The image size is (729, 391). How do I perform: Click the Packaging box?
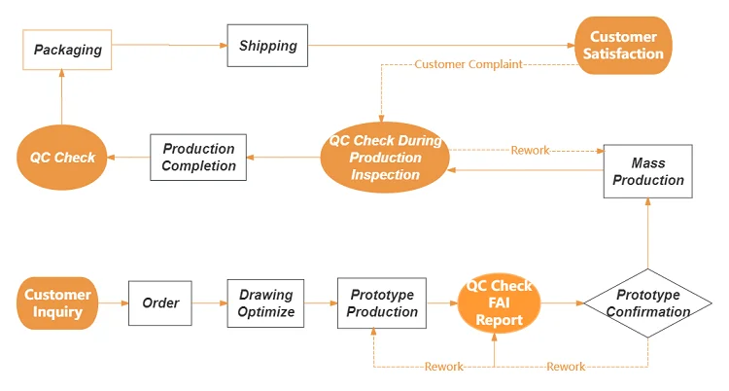pyautogui.click(x=67, y=49)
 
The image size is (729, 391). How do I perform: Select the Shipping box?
pyautogui.click(x=267, y=46)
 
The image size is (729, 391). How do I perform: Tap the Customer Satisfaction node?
pyautogui.click(x=623, y=45)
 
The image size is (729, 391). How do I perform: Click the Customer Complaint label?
pyautogui.click(x=468, y=64)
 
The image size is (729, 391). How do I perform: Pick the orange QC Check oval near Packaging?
pyautogui.click(x=61, y=157)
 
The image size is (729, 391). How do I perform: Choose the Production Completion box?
pyautogui.click(x=198, y=157)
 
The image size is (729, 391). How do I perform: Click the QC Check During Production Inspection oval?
pyautogui.click(x=385, y=158)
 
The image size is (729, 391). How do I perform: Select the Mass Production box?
pyautogui.click(x=647, y=171)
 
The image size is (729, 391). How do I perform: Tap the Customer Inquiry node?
pyautogui.click(x=58, y=303)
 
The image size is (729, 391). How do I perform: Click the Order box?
pyautogui.click(x=160, y=303)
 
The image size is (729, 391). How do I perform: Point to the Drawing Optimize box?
pyautogui.click(x=266, y=303)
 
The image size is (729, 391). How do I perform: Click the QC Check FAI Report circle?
pyautogui.click(x=499, y=303)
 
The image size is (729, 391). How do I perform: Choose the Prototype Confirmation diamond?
pyautogui.click(x=647, y=303)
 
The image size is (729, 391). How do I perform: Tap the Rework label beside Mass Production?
pyautogui.click(x=530, y=151)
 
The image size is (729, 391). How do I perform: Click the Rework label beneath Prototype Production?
pyautogui.click(x=444, y=367)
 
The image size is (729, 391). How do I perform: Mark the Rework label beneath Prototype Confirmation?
pyautogui.click(x=566, y=367)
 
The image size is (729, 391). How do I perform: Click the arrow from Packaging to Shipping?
pyautogui.click(x=169, y=45)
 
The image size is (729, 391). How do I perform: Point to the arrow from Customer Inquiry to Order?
pyautogui.click(x=114, y=303)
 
